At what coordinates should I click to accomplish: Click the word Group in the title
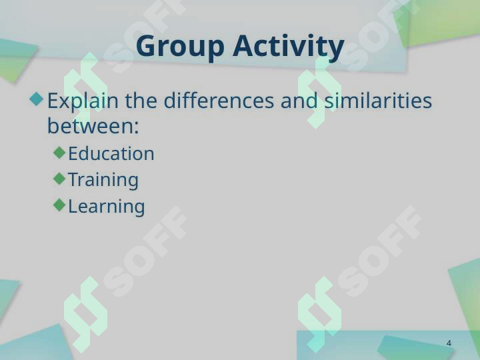pyautogui.click(x=180, y=47)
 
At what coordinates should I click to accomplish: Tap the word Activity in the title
pyautogui.click(x=289, y=47)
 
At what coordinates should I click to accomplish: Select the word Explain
pyautogui.click(x=83, y=101)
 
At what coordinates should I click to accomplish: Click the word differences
pyautogui.click(x=219, y=101)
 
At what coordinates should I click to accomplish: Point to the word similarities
pyautogui.click(x=378, y=101)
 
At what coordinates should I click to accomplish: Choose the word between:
pyautogui.click(x=93, y=125)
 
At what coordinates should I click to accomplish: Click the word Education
pyautogui.click(x=111, y=153)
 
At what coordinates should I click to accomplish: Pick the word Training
pyautogui.click(x=103, y=180)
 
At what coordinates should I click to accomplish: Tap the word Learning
pyautogui.click(x=106, y=207)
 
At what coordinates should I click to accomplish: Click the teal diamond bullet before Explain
pyautogui.click(x=37, y=99)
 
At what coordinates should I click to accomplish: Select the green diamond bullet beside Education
pyautogui.click(x=59, y=153)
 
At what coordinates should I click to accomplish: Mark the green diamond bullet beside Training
pyautogui.click(x=59, y=179)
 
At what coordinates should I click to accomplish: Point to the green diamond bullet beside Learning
pyautogui.click(x=59, y=205)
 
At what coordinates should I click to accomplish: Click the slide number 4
pyautogui.click(x=449, y=343)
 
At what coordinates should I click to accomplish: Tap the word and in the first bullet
pyautogui.click(x=299, y=101)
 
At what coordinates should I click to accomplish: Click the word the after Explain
pyautogui.click(x=141, y=101)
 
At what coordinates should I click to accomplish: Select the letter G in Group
pyautogui.click(x=146, y=46)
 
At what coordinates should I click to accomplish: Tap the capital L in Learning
pyautogui.click(x=72, y=206)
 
